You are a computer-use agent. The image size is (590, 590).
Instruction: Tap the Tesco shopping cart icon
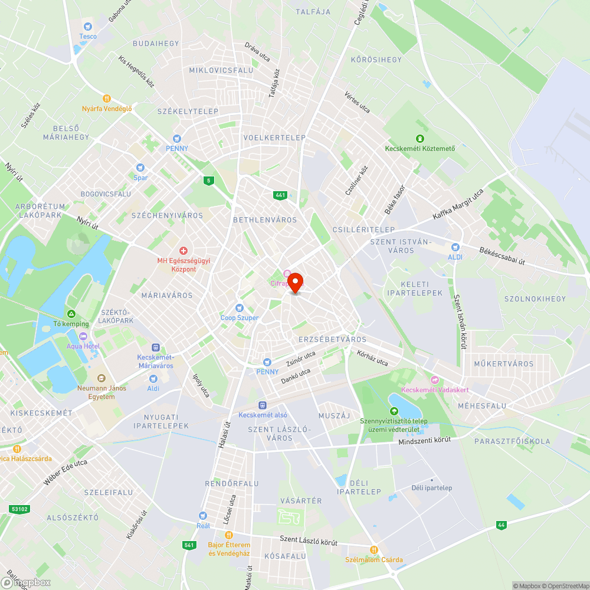coord(88,26)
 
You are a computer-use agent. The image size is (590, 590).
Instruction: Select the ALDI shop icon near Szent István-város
coord(455,248)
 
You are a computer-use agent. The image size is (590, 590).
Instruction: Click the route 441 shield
coord(280,195)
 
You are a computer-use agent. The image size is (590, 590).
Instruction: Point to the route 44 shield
coord(501,525)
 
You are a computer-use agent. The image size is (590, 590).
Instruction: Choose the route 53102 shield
coord(19,509)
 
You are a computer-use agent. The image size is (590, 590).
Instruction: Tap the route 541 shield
coord(189,545)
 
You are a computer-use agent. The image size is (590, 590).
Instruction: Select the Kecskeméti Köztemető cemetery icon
coord(419,138)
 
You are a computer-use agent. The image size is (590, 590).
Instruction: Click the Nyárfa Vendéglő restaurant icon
coord(107,99)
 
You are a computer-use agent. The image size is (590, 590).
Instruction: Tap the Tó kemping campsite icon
coord(71,314)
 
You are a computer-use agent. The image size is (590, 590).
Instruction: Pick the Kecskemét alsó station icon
coord(263,405)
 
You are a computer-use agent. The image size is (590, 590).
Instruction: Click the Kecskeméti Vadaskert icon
coord(435,380)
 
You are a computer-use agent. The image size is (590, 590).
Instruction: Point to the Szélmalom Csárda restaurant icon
coord(373,550)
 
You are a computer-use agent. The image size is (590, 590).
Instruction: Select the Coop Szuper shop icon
coord(239,307)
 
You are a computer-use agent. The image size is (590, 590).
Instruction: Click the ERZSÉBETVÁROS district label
coord(332,339)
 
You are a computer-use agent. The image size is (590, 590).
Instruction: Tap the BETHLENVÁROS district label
coord(265,219)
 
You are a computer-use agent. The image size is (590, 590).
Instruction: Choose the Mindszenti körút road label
coord(424,440)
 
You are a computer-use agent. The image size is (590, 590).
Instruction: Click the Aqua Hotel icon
coord(82,336)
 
